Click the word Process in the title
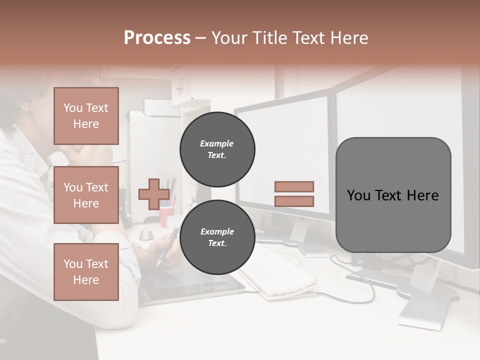tap(157, 38)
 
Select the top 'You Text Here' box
tap(86, 116)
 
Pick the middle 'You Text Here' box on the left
tap(86, 195)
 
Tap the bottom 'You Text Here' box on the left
tap(86, 271)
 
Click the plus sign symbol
tap(154, 194)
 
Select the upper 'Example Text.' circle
tap(217, 149)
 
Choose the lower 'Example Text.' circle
tap(217, 237)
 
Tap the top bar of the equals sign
tap(294, 186)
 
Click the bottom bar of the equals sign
tap(294, 201)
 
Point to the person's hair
tap(30, 95)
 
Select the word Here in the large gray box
tap(422, 195)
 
